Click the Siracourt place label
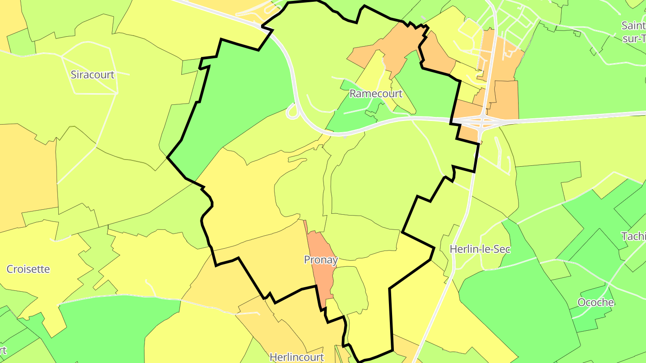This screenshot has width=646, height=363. point(92,75)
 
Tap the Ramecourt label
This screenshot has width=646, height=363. point(376,94)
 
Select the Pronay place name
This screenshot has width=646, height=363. point(320,259)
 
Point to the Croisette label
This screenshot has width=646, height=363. point(28,269)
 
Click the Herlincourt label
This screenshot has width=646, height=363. point(297,357)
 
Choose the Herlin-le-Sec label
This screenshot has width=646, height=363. point(480,249)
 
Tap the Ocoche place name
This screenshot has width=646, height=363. point(595,302)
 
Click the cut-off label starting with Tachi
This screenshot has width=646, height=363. point(633,236)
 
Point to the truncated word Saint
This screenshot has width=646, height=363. point(633,26)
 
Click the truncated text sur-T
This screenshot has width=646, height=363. point(634,39)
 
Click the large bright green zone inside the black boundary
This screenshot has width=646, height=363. point(242,99)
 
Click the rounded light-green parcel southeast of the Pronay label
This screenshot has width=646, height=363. point(351,289)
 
